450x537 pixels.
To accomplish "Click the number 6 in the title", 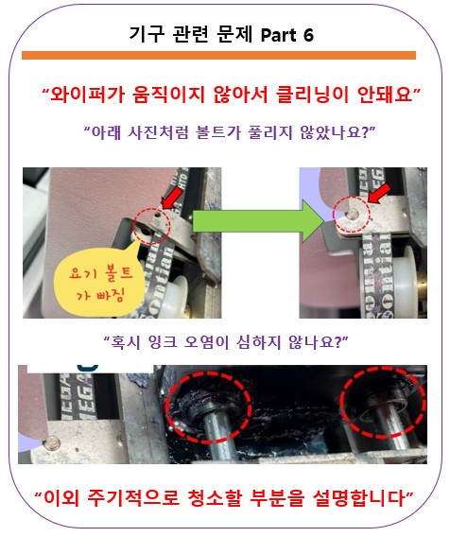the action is coord(308,35).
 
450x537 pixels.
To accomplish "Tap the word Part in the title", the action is coord(279,35).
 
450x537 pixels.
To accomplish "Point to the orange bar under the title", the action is coord(218,55).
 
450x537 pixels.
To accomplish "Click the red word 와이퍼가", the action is coord(87,94).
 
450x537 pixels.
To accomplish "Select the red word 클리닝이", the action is coord(312,94).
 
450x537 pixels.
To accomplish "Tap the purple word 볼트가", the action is coord(218,132).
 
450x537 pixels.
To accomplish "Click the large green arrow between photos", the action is coord(257,221).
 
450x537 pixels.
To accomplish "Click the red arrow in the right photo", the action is coord(379,193).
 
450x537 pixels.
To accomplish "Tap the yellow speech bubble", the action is coord(99,281).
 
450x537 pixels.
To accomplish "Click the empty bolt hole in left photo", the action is coord(147,232).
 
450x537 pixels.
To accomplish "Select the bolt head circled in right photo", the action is coord(352,215).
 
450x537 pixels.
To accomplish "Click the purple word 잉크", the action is coord(163,341).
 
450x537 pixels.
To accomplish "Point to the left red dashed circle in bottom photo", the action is coord(208,375).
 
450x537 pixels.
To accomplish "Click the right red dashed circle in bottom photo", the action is coord(383,369).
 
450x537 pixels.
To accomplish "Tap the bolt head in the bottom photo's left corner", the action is coord(52,443).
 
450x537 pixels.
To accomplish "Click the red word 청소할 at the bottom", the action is coord(217,497).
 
